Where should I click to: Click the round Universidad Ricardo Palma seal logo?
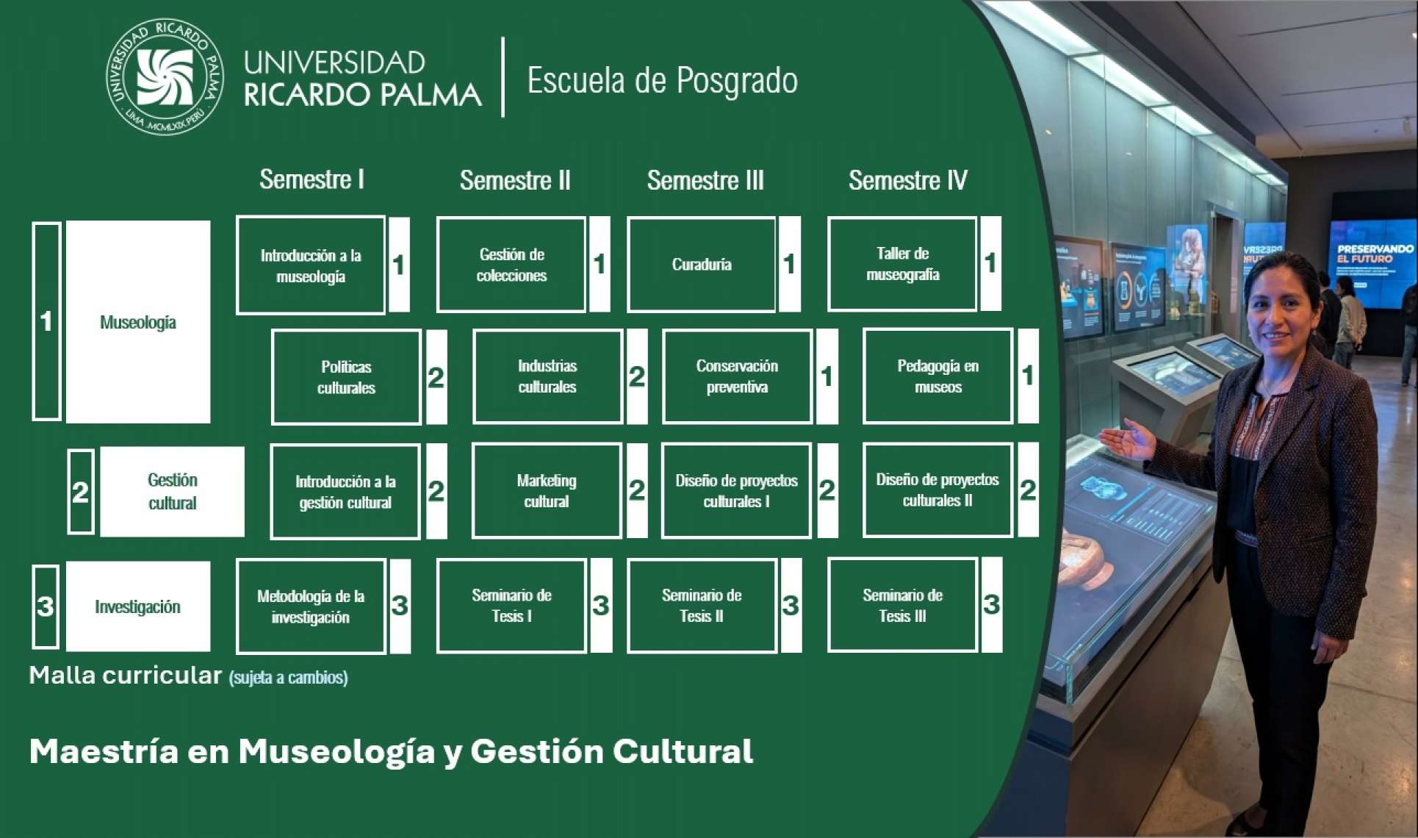point(165,76)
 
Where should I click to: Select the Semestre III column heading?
point(705,180)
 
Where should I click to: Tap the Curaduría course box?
point(702,265)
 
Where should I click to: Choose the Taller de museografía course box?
point(902,264)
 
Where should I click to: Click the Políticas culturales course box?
point(346,377)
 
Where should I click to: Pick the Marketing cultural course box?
point(547,491)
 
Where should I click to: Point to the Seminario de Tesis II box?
point(702,606)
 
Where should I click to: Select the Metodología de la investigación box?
point(311,606)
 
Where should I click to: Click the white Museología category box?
point(138,322)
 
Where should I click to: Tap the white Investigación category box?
point(138,606)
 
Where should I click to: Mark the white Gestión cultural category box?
point(172,491)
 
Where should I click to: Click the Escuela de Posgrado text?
point(662,80)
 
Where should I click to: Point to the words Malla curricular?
point(125,676)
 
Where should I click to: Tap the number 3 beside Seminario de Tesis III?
point(991,605)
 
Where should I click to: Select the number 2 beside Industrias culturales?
point(637,377)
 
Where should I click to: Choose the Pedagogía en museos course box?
point(937,376)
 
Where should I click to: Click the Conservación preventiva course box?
point(737,376)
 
